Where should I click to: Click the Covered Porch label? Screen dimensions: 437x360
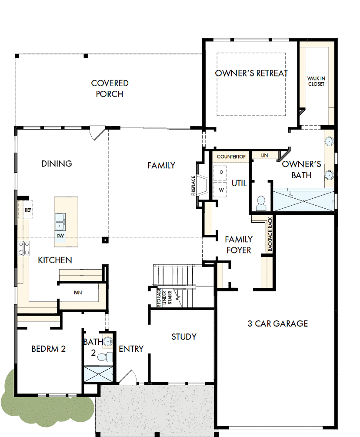110,88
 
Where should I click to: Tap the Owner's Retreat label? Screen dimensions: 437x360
251,73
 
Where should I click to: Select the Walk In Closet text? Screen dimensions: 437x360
316,81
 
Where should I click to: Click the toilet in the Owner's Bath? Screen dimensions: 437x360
261,203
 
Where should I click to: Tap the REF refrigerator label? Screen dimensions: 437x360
28,210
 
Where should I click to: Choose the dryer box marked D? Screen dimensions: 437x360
221,172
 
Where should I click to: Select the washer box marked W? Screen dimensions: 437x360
221,190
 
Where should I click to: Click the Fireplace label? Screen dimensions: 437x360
193,186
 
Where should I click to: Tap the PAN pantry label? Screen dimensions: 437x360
78,293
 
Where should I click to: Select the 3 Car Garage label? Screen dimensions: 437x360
277,324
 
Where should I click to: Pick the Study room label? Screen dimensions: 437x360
183,337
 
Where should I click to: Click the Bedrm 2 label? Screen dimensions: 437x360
48,349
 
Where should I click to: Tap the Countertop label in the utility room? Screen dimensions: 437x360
231,156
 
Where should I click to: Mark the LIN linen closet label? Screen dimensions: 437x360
264,155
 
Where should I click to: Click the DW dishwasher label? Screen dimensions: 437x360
60,236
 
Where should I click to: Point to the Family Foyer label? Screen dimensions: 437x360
238,245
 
